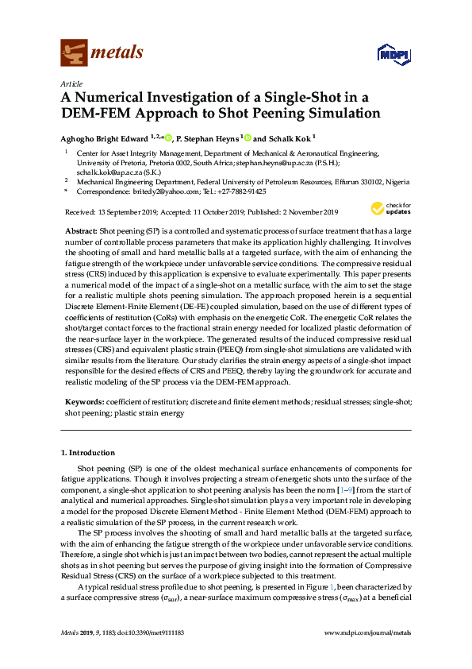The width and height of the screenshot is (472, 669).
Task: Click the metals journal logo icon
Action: (x=74, y=52)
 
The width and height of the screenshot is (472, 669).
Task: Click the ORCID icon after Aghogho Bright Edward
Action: (x=168, y=137)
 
